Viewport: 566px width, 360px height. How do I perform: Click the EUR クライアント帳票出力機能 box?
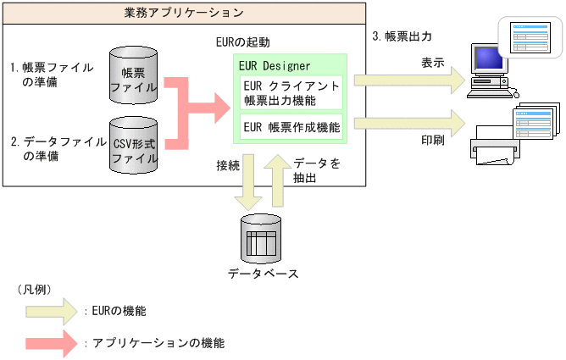pos(291,93)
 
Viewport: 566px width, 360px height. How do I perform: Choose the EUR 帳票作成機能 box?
pos(291,128)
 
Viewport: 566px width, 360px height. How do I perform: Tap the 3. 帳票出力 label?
pos(402,37)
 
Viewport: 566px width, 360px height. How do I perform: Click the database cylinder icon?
pos(262,239)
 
